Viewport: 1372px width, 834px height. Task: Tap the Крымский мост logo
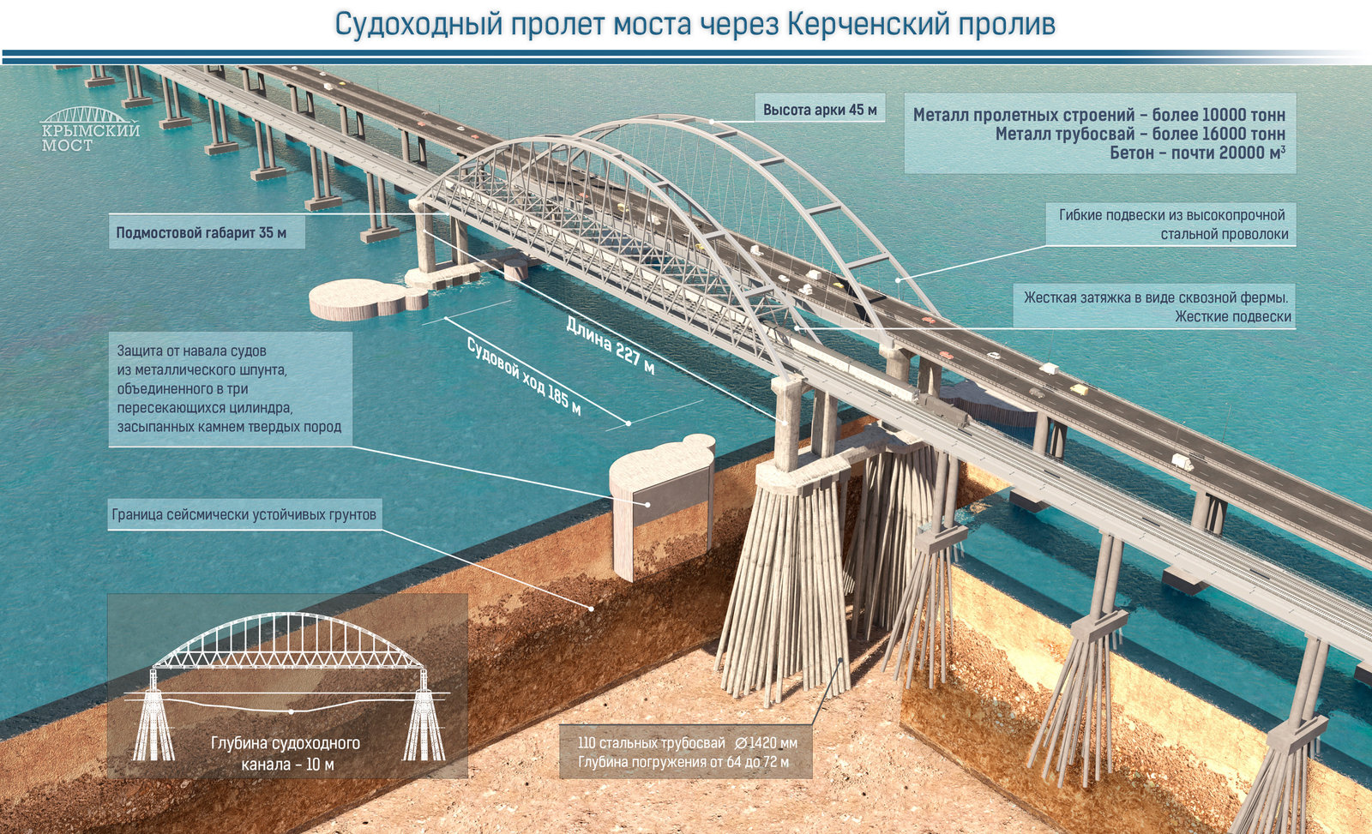[90, 129]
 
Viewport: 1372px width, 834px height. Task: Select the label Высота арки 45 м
[820, 111]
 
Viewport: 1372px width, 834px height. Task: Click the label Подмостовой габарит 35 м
[201, 232]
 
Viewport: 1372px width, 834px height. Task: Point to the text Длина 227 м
[610, 345]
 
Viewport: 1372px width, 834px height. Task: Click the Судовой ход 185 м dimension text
[524, 376]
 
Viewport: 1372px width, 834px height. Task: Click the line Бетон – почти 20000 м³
[1197, 153]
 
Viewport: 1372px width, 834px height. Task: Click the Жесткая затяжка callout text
[1157, 307]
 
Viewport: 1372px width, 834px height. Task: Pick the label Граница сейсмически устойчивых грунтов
[244, 514]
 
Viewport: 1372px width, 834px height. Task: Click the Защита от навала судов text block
[229, 389]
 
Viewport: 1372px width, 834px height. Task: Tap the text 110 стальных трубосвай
[651, 743]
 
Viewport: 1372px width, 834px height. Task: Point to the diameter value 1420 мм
[766, 743]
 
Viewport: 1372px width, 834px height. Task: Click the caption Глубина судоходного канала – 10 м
[286, 753]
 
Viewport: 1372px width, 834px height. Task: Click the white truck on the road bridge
[1049, 368]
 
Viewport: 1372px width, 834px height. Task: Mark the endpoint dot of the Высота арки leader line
[712, 122]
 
